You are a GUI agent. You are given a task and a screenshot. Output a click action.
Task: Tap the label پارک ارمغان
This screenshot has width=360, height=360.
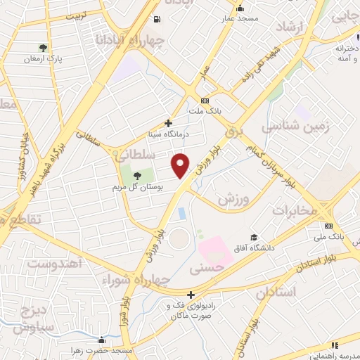point(43,60)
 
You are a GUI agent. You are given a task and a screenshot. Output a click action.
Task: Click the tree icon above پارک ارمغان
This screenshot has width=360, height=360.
point(44,48)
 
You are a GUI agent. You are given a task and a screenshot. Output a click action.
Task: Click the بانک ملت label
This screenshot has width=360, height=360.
point(205,111)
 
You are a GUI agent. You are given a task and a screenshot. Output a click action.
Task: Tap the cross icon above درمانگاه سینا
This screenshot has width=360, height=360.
point(168,122)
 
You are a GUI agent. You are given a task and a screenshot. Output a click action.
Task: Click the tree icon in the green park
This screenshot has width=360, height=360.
point(136,175)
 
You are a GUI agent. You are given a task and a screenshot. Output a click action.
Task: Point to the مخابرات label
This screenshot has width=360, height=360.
point(290,210)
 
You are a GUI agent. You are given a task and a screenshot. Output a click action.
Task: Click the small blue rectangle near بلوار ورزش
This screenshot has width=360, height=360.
point(182,212)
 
